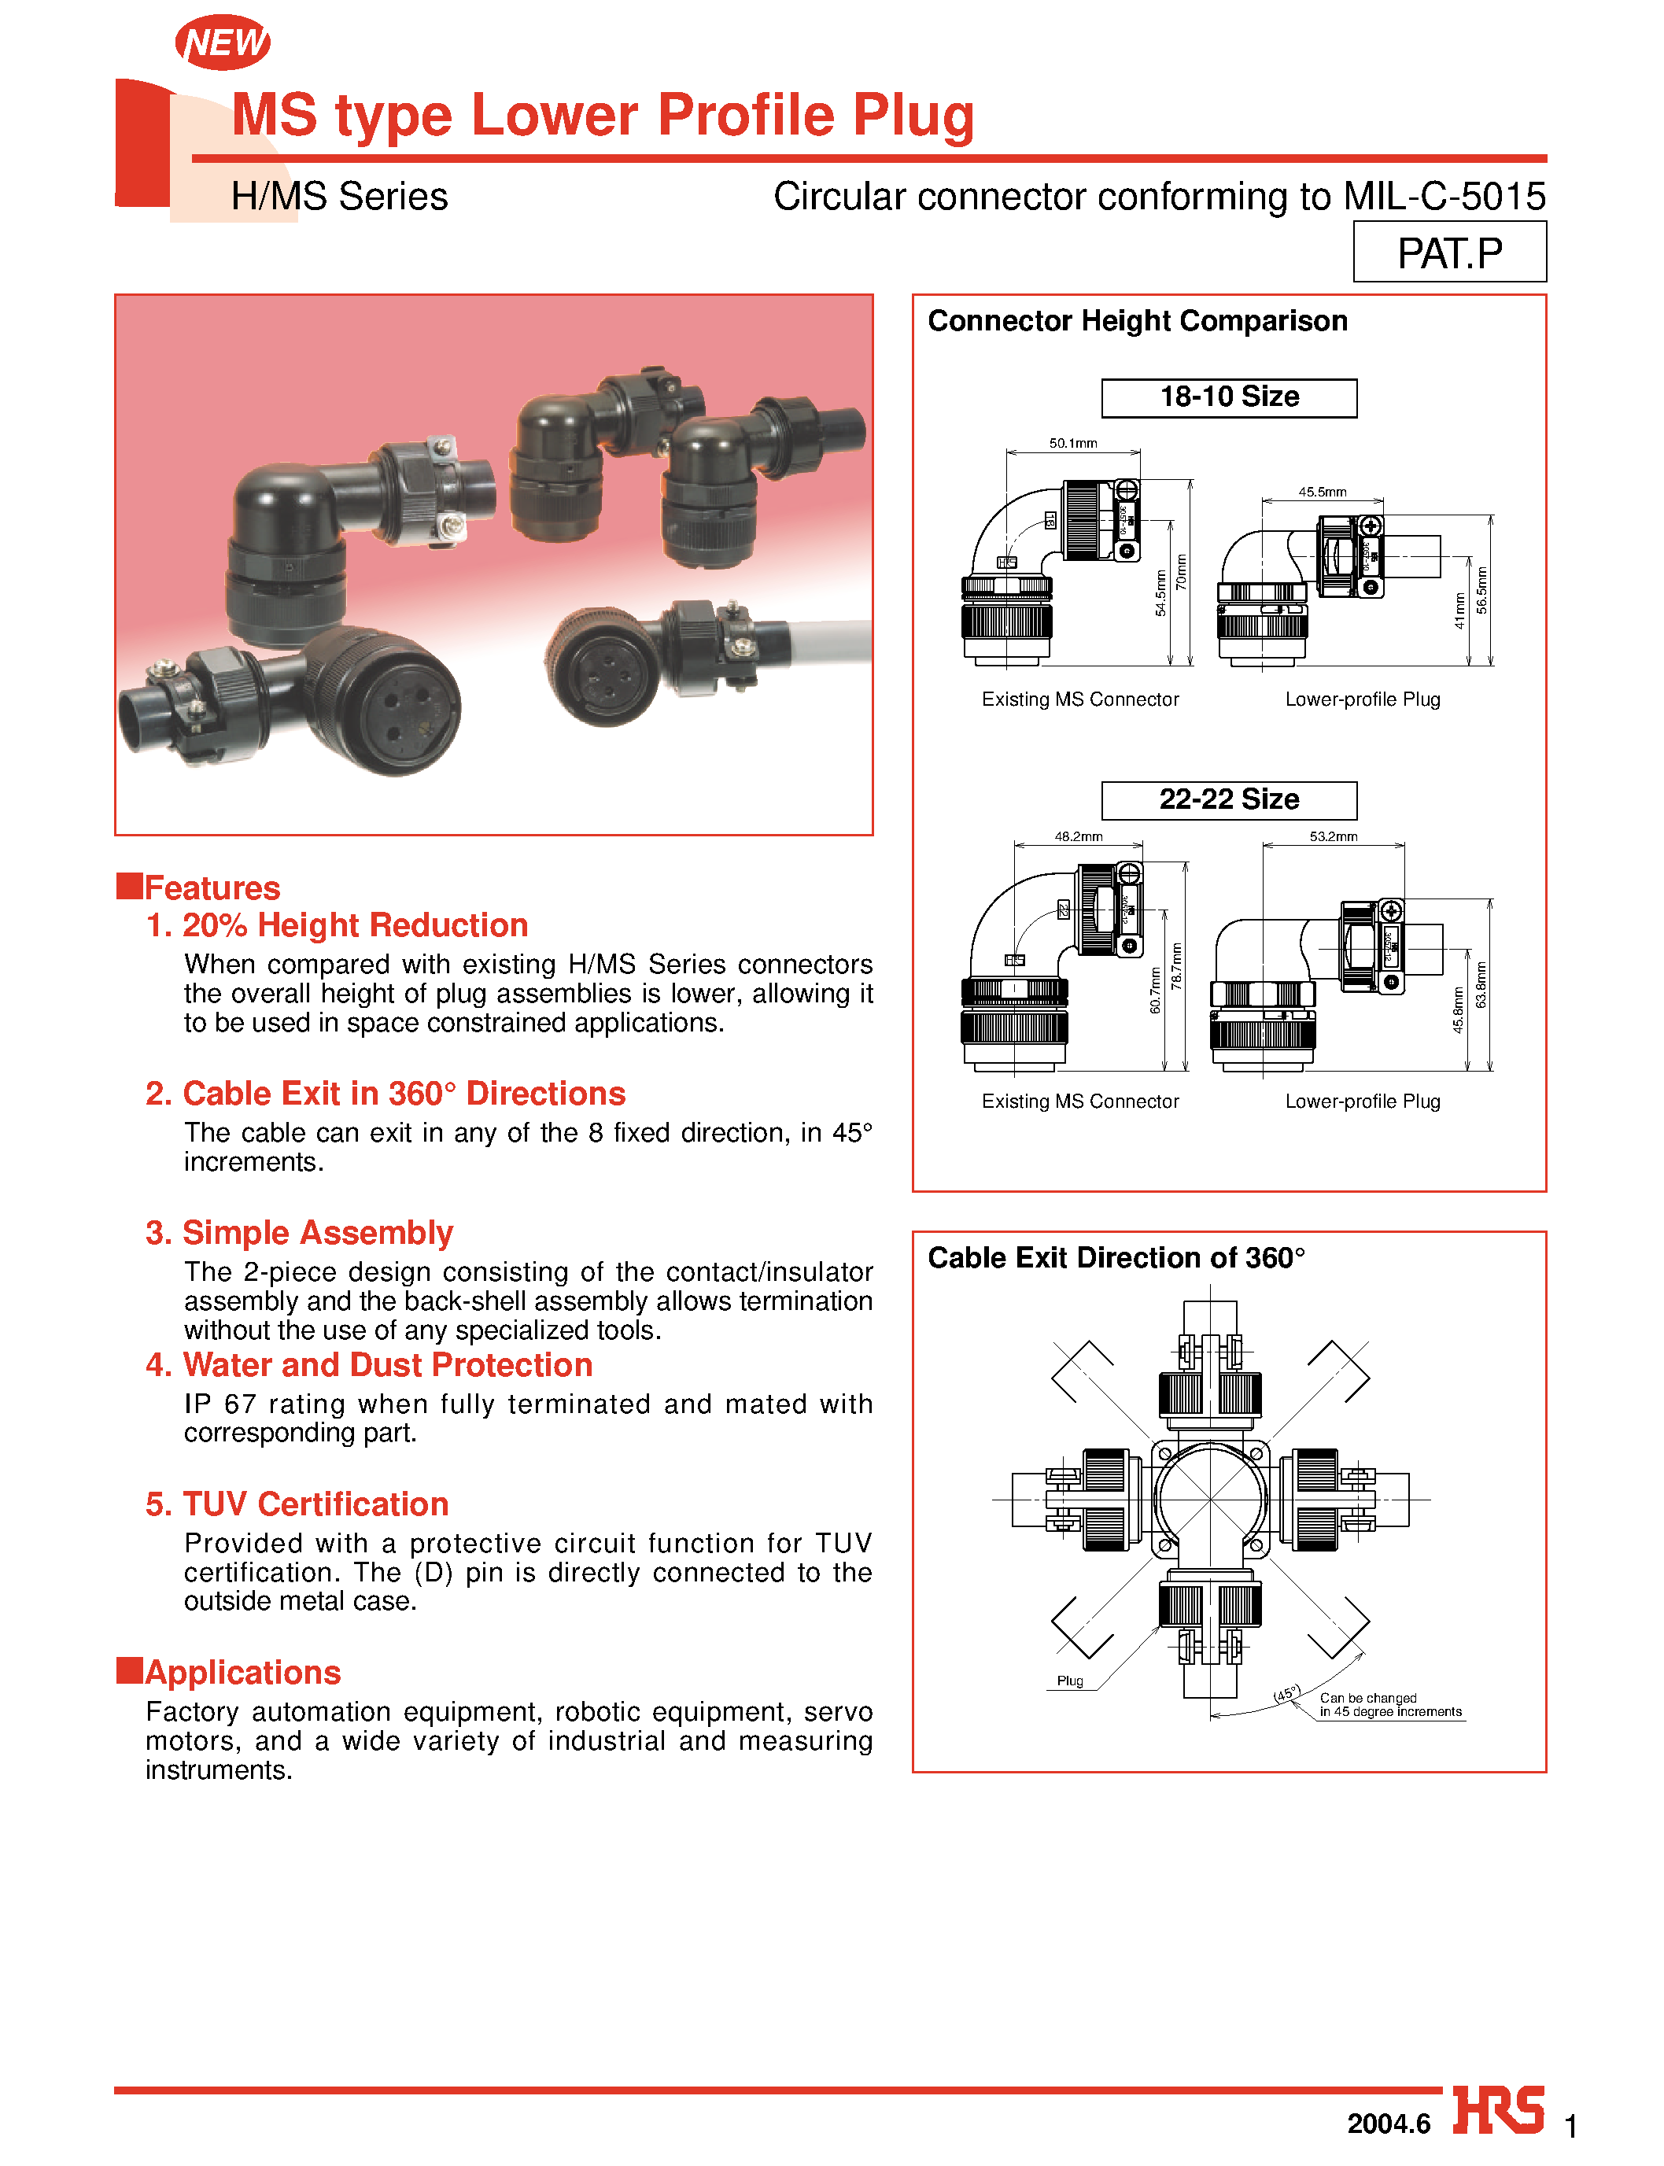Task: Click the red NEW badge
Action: click(x=223, y=42)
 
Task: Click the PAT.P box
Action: click(x=1448, y=253)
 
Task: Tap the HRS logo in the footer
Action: click(x=1498, y=2112)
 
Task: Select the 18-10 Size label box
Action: click(x=1228, y=397)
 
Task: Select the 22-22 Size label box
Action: click(x=1228, y=799)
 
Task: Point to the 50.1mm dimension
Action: click(x=1072, y=443)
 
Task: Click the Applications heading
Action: click(x=242, y=1672)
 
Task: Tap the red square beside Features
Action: click(x=129, y=885)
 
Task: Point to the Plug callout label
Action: click(x=1070, y=1681)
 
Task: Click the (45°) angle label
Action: click(x=1286, y=1694)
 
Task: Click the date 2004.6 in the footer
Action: click(x=1388, y=2124)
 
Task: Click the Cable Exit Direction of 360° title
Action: click(x=1116, y=1258)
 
